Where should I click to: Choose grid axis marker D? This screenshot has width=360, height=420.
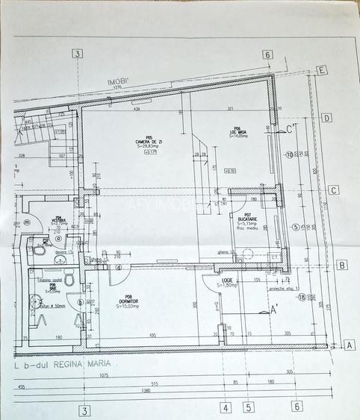pyautogui.click(x=326, y=119)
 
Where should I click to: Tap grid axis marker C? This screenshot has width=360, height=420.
pyautogui.click(x=334, y=189)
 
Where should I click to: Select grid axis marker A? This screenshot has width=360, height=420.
pyautogui.click(x=348, y=345)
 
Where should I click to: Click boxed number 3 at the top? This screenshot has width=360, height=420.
pyautogui.click(x=78, y=53)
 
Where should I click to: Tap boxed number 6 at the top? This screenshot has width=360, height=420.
pyautogui.click(x=267, y=54)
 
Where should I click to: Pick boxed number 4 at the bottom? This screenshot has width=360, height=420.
pyautogui.click(x=226, y=407)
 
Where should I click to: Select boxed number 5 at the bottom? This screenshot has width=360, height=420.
pyautogui.click(x=249, y=407)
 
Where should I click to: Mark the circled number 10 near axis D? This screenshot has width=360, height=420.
pyautogui.click(x=288, y=155)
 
